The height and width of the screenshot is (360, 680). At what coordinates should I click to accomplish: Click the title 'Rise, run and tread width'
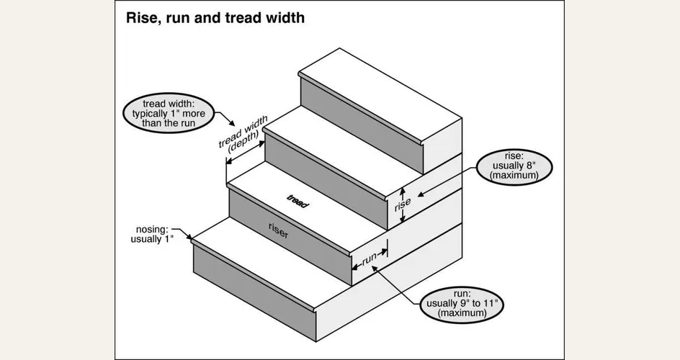click(215, 18)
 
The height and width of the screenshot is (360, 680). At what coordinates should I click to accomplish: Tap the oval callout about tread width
click(169, 113)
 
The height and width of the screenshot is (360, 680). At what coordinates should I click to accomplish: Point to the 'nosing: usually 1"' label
click(152, 234)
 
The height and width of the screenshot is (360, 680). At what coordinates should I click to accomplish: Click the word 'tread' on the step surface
click(297, 202)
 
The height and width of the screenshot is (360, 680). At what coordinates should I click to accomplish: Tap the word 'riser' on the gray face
click(279, 230)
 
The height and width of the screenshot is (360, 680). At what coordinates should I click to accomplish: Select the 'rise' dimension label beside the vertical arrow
click(402, 205)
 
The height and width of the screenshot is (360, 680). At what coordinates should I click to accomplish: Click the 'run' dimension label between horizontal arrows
click(369, 258)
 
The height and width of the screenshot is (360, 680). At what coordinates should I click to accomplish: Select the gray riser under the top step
click(362, 125)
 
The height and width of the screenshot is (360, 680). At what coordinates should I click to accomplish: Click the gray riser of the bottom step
click(254, 294)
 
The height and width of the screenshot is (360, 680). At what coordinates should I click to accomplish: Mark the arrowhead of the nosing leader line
click(189, 237)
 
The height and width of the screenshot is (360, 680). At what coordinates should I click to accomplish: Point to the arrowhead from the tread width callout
click(232, 123)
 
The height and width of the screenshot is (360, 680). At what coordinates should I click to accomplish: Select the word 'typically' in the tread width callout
click(149, 114)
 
